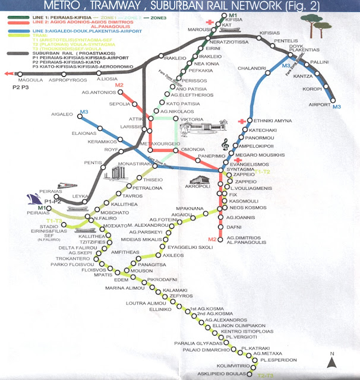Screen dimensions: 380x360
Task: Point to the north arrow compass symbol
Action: coord(333,358)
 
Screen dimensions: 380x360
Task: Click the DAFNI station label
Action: coord(233,227)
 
